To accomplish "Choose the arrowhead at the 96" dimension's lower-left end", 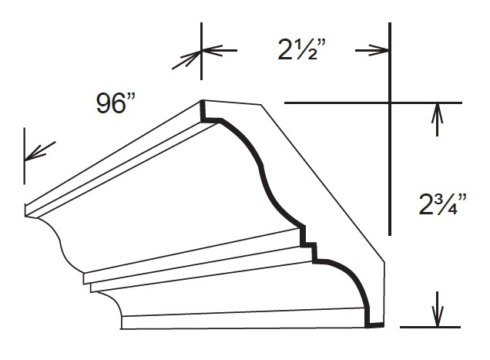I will pos(35,153).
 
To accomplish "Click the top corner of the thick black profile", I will pos(202,103).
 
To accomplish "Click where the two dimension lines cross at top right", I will pos(390,103).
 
